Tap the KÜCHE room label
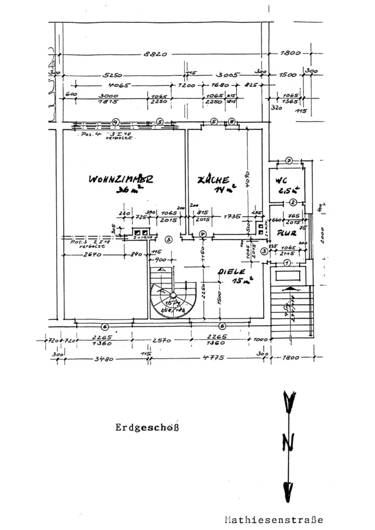[213, 180]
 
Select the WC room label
[281, 180]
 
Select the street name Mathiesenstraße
[273, 519]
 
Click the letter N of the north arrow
[288, 441]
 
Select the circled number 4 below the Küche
[202, 234]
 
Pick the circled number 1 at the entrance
[287, 263]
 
